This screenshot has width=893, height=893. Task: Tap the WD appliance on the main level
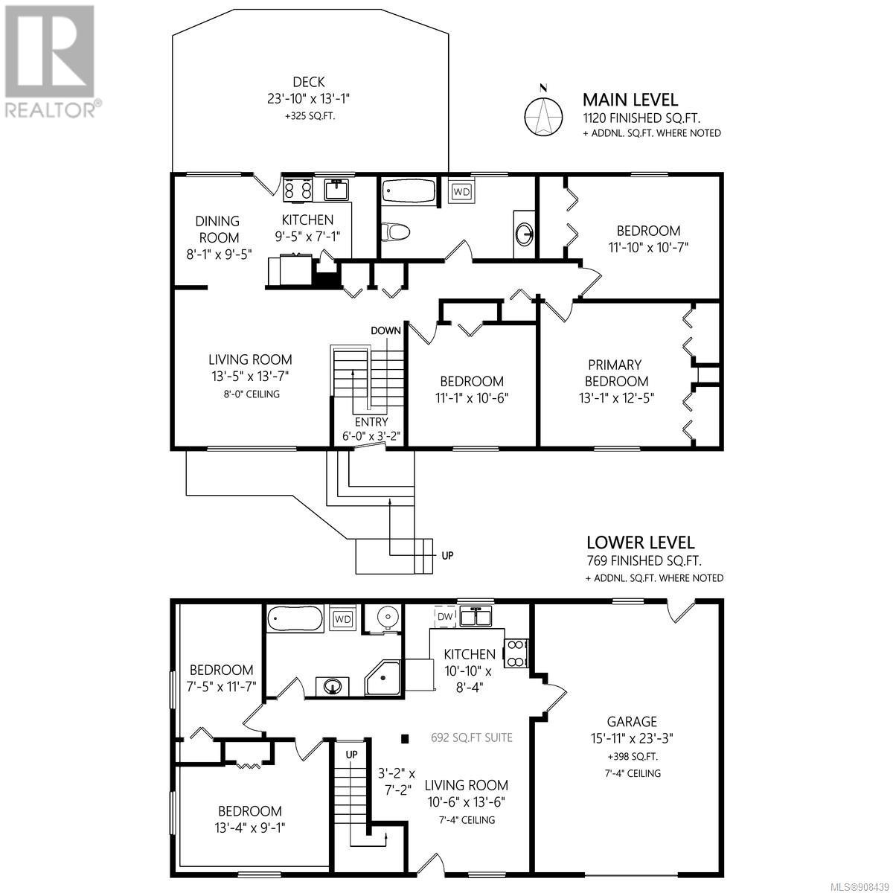click(x=461, y=191)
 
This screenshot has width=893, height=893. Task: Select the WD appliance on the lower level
click(x=342, y=618)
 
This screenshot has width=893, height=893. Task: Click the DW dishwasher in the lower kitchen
click(x=445, y=616)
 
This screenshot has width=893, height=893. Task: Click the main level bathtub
click(x=409, y=191)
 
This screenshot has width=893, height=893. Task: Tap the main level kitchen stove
click(x=298, y=190)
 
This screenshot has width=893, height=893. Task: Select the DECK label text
click(x=309, y=82)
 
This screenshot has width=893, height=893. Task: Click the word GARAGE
click(x=632, y=722)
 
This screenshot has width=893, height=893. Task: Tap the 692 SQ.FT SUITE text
click(x=472, y=737)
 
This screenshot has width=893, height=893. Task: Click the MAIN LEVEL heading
click(x=630, y=100)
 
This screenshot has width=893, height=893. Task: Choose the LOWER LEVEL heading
click(x=641, y=542)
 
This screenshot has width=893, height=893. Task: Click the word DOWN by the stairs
click(x=385, y=330)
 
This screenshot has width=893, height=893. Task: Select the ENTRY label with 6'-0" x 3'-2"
click(x=371, y=429)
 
